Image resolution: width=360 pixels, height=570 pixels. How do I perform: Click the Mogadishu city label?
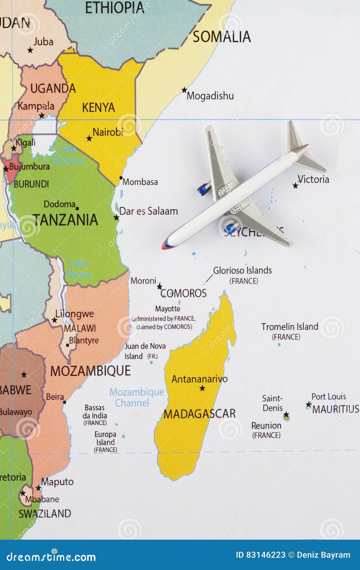tap(210, 96)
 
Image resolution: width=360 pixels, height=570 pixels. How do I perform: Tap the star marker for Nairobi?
tap(89, 138)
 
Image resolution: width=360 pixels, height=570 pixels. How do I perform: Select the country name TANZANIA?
tap(65, 220)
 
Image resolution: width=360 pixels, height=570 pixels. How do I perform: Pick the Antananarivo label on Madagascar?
tap(199, 379)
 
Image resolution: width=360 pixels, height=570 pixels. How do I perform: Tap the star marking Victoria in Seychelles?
tap(296, 185)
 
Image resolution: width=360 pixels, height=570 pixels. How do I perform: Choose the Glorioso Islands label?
tap(242, 270)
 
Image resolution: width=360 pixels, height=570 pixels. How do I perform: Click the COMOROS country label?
tap(184, 293)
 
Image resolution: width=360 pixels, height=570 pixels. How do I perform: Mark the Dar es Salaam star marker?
tap(116, 218)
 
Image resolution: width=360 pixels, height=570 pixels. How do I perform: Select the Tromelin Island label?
tap(289, 327)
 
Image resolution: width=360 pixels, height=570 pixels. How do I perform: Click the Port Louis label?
tap(328, 397)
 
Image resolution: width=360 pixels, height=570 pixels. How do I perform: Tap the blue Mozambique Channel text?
tap(136, 397)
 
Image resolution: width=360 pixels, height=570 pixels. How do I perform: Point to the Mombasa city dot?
tap(121, 178)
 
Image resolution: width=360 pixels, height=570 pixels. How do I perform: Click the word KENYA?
tap(99, 108)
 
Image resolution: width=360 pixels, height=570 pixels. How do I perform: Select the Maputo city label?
tap(57, 482)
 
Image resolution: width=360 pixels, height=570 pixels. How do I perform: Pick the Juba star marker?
tap(30, 50)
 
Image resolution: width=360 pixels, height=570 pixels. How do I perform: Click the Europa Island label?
tap(106, 438)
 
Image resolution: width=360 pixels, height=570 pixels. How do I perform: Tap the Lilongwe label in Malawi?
tap(75, 314)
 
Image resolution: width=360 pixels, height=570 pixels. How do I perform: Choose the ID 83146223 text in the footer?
tap(260, 555)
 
